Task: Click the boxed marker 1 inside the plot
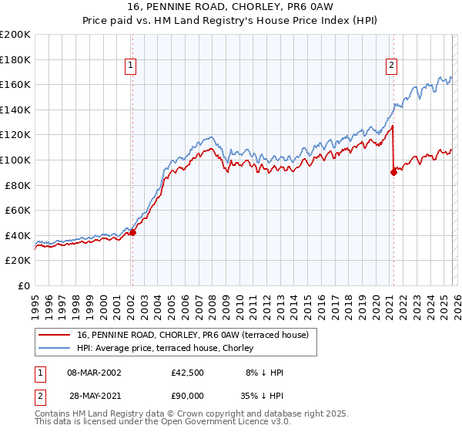tap(132, 66)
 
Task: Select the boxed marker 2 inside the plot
tap(392, 66)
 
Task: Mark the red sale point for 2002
tap(132, 232)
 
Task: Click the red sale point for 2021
tap(393, 172)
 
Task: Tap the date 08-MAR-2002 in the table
tap(94, 373)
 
